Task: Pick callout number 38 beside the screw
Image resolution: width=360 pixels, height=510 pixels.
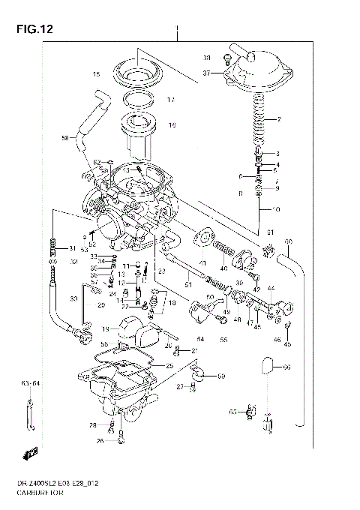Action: [x=207, y=58]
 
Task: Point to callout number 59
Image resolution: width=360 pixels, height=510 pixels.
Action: [x=220, y=375]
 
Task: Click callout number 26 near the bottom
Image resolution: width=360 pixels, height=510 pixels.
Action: [x=99, y=441]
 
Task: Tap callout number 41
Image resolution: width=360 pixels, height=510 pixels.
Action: [x=202, y=263]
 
